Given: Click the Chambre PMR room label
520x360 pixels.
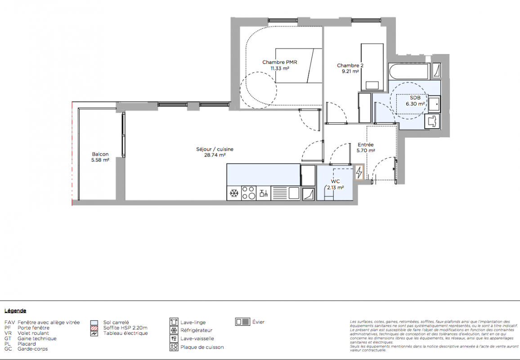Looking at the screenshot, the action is [x=279, y=62].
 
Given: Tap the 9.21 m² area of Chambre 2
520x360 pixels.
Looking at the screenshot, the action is [x=350, y=71].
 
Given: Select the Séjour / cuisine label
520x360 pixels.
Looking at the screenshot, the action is [x=215, y=149].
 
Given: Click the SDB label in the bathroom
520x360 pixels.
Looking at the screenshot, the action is [x=415, y=98].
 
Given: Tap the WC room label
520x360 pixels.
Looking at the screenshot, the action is [x=335, y=181].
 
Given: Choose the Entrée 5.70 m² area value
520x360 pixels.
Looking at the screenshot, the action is [x=366, y=150].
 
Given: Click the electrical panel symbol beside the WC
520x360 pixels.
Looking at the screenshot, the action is [x=359, y=172].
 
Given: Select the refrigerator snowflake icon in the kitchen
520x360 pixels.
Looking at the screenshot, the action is [x=234, y=193].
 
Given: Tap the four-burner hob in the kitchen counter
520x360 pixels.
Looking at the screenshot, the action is [x=248, y=193].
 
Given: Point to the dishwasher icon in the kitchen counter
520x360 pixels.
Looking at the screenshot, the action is [x=264, y=193].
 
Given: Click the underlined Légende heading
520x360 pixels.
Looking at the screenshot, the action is [x=15, y=311].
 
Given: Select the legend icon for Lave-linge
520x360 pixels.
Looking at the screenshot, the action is [x=174, y=322].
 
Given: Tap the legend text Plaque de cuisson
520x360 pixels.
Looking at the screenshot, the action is [x=202, y=347].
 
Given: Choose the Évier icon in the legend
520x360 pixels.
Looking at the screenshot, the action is [x=243, y=321].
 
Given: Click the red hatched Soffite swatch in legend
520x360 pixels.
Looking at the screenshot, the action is [x=94, y=328].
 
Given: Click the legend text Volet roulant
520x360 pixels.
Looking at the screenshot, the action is [x=33, y=333].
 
